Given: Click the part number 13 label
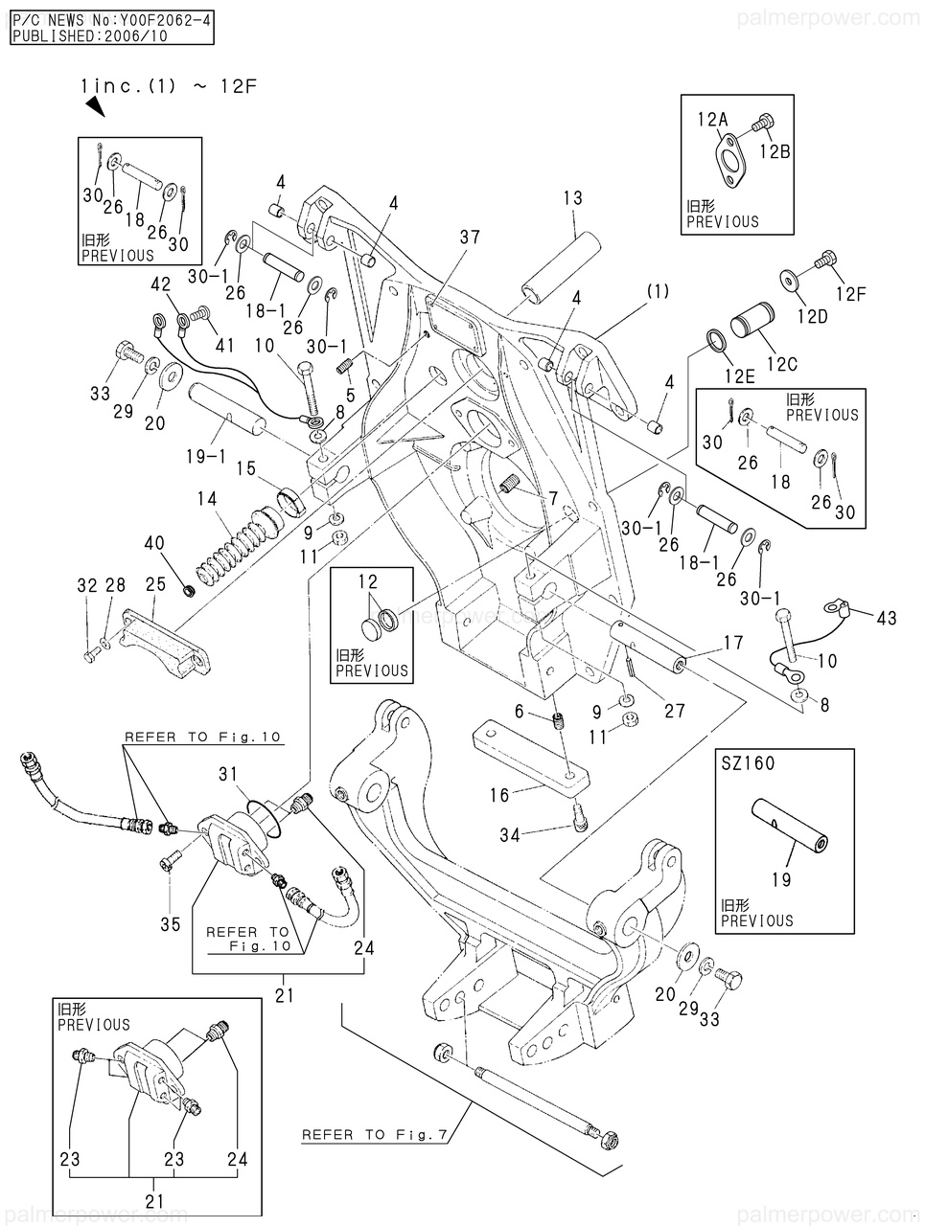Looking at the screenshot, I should [572, 198].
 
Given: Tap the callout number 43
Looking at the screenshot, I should [887, 619].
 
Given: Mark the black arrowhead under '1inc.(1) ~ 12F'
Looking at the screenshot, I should [94, 108].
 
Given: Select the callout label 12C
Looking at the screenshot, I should [782, 364].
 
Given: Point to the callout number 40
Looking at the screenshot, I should [153, 543].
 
